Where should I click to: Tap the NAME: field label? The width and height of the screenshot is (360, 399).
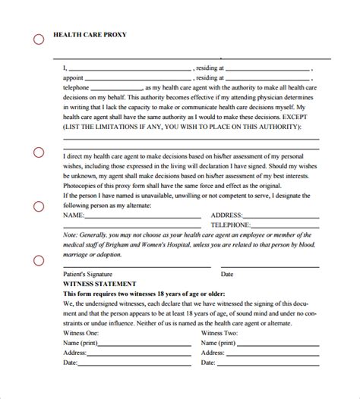[74, 215]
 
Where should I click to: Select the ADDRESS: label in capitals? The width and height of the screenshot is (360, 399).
[227, 215]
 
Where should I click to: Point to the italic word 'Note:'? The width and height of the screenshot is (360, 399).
[72, 235]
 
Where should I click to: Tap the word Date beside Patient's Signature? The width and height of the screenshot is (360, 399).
[226, 274]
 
